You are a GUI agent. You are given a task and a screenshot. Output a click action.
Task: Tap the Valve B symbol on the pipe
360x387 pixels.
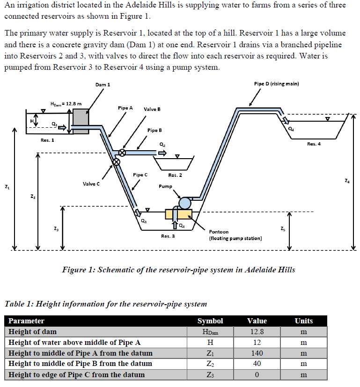click(122, 153)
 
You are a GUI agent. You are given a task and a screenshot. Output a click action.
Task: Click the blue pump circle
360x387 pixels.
click(185, 203)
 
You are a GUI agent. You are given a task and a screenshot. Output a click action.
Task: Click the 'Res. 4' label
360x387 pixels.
click(314, 144)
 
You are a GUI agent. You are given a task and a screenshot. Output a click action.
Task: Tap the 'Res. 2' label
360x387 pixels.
click(175, 175)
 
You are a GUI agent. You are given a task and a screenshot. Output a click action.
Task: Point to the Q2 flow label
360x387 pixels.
click(162, 145)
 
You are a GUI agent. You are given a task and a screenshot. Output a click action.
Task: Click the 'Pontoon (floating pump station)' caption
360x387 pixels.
click(235, 235)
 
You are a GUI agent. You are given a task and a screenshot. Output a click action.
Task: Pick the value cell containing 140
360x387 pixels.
click(257, 353)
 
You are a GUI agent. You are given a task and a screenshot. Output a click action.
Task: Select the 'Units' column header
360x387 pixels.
click(303, 321)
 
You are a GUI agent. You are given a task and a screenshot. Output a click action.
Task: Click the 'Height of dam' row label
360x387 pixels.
click(33, 332)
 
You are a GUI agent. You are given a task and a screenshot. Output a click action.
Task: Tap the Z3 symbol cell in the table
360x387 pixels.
click(210, 375)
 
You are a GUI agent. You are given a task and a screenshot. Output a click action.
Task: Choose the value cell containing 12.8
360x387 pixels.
click(257, 332)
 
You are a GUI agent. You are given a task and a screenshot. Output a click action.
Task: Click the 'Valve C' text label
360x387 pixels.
click(91, 184)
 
